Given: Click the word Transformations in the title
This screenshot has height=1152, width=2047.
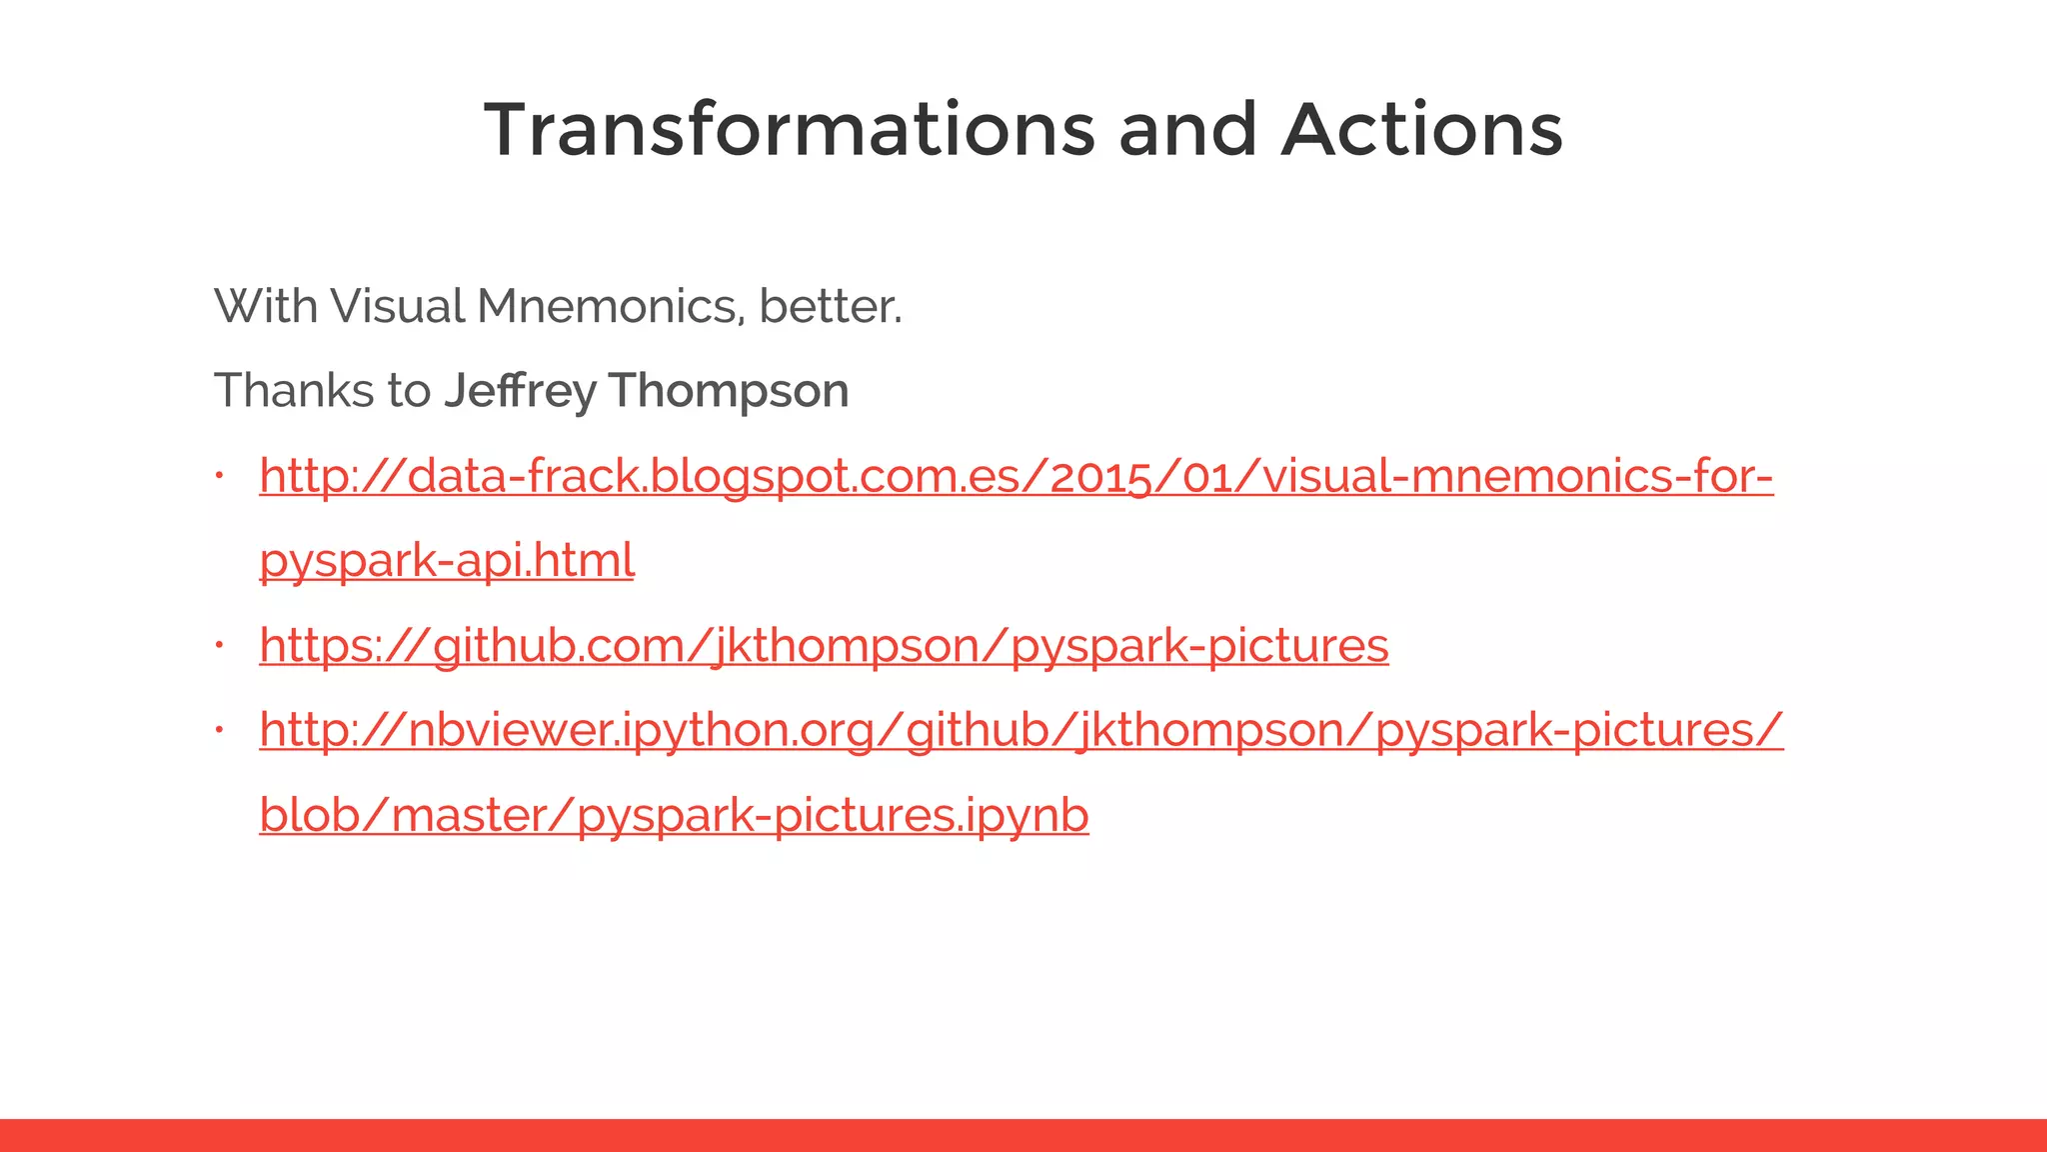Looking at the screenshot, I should tap(790, 130).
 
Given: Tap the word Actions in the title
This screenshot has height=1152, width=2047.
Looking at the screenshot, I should tap(1421, 130).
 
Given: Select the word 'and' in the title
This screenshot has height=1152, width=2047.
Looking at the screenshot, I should tap(1187, 130).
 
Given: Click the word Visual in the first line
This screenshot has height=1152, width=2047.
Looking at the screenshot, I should tap(398, 306).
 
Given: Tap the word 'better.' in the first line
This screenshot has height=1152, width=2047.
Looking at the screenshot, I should tap(831, 306).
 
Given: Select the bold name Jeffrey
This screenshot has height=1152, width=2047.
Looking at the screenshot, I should tap(520, 390).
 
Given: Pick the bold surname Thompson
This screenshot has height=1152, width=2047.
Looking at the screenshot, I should tap(729, 390).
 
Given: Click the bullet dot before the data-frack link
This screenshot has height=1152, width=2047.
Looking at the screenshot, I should tap(219, 475).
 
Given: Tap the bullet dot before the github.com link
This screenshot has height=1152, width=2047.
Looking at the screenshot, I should tap(219, 645).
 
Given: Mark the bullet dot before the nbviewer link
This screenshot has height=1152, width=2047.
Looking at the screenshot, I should tap(219, 730).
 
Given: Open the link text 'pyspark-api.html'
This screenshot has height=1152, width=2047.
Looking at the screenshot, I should tap(447, 560).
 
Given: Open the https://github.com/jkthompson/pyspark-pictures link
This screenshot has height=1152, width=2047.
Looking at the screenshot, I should tap(824, 645).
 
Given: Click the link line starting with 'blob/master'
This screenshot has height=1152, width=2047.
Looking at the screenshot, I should tap(674, 815).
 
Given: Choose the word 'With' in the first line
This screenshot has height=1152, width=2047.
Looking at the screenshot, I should tap(266, 306).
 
